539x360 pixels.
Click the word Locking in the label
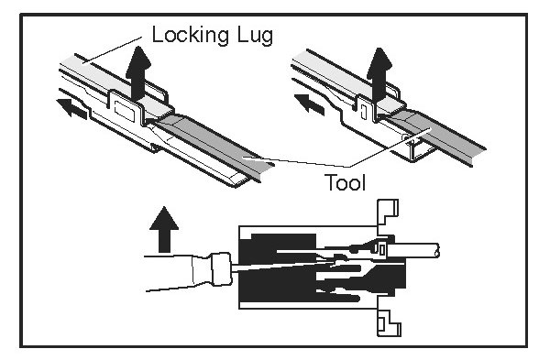point(190,35)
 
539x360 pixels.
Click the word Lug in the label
point(256,36)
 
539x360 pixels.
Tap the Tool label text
point(345,182)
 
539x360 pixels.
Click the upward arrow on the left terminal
point(138,73)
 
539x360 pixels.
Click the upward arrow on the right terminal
point(379,74)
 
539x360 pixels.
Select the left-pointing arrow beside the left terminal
point(71,108)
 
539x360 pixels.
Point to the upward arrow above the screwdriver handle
point(164,229)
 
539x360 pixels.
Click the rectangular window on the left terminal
point(123,111)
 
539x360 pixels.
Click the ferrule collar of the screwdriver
point(222,269)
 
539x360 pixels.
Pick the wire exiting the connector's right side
point(413,250)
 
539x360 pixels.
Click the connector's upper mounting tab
point(388,213)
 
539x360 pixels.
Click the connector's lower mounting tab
point(389,322)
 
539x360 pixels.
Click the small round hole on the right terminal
point(406,137)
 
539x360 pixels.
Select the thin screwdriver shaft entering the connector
point(282,267)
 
